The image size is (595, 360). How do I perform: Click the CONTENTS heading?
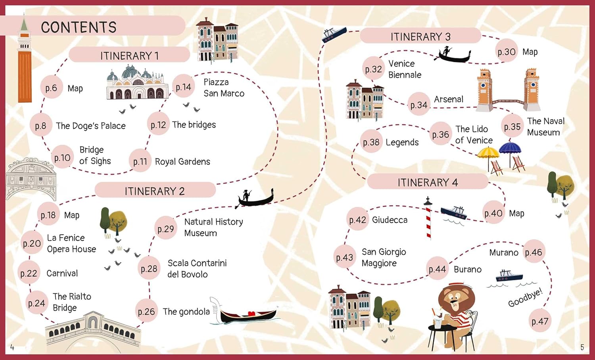click(x=79, y=27)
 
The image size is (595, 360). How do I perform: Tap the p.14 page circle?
click(x=183, y=87)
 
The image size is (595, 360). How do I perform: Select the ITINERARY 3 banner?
click(x=420, y=36)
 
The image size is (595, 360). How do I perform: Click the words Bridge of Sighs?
click(x=95, y=155)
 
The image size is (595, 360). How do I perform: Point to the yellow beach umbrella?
click(x=488, y=153)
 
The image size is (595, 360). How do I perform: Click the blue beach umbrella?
click(x=510, y=148)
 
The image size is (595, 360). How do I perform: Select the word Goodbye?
click(x=525, y=297)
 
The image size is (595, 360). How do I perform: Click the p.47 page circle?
click(x=540, y=322)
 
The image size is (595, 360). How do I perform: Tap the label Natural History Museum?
click(x=213, y=227)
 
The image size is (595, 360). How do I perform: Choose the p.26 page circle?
click(x=146, y=312)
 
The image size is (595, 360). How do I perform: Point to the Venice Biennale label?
click(x=405, y=69)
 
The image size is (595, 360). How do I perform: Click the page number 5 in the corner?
click(x=582, y=347)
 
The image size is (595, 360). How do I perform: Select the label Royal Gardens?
click(x=182, y=161)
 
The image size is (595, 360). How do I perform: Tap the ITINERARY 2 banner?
click(x=155, y=191)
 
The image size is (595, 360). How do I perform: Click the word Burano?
click(x=467, y=269)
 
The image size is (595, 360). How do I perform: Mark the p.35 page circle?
click(x=512, y=126)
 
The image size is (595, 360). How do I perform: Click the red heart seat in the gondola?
click(x=251, y=313)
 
